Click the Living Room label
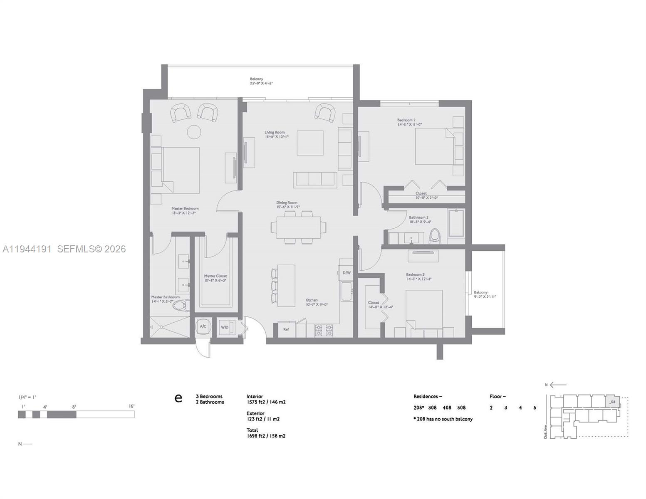coord(275,133)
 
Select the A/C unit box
coord(203,327)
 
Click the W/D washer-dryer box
coord(225,327)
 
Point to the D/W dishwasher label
coord(346,273)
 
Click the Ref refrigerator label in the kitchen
coord(286,329)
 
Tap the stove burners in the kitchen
coord(324,330)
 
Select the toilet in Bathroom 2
coord(435,236)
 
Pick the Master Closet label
coord(215,276)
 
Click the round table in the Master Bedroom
coord(194,132)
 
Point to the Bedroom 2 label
coord(406,120)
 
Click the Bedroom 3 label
coord(415,274)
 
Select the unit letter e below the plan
coord(178,398)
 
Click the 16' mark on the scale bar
coord(131,406)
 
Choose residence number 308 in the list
coord(433,408)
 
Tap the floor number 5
coord(535,408)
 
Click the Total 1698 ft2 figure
coord(266,436)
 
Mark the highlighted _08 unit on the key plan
coord(611,402)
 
